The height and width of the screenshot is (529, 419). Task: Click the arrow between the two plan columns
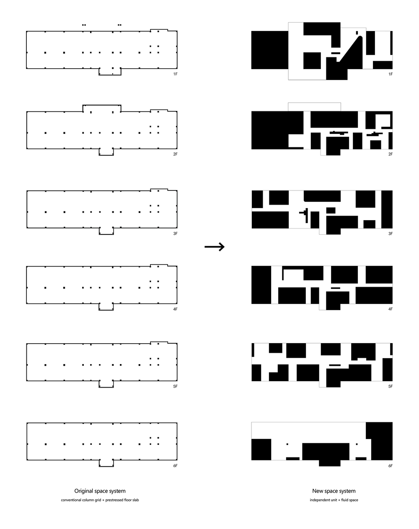(x=215, y=247)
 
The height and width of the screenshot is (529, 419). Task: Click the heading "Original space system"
(x=100, y=491)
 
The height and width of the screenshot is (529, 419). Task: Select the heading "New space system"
(x=334, y=491)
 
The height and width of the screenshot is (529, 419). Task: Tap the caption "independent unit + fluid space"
(x=334, y=500)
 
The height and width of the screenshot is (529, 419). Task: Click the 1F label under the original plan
(x=176, y=74)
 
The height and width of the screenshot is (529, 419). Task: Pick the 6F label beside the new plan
(x=390, y=465)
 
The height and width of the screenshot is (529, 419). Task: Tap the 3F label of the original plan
(x=176, y=233)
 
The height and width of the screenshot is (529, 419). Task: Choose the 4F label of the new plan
(x=390, y=309)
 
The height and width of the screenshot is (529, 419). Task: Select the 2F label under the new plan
(x=390, y=154)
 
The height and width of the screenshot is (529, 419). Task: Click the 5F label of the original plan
(x=176, y=386)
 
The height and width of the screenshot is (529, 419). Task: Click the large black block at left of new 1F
(x=269, y=50)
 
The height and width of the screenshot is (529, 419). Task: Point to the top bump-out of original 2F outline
(x=102, y=108)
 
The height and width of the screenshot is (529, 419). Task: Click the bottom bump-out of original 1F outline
(x=110, y=72)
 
